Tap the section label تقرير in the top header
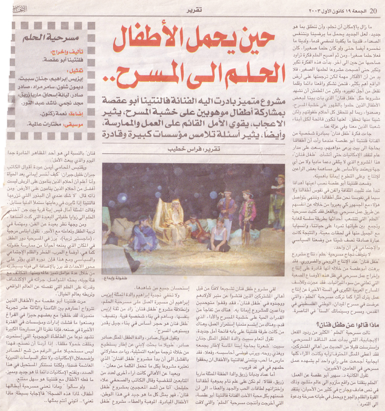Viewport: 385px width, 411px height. [193, 10]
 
